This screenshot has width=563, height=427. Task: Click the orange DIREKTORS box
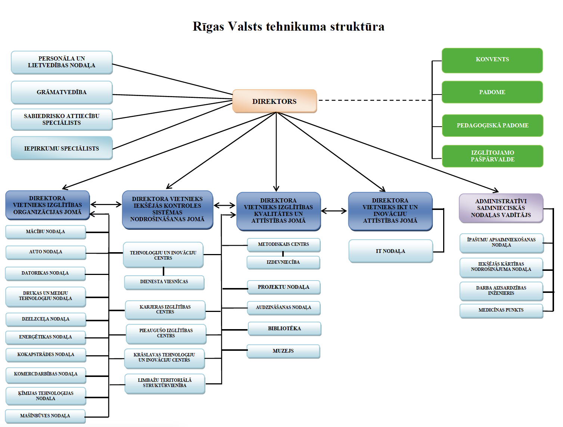pos(274,101)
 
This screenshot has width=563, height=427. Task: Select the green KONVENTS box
pos(492,60)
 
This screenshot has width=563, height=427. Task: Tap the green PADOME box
pos(492,92)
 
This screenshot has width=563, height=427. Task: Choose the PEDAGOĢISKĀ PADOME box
pos(492,126)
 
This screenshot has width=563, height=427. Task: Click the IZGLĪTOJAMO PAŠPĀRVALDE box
pos(492,156)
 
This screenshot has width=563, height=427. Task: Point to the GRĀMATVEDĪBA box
pos(62,92)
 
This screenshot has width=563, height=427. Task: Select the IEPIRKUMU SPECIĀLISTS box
pos(62,148)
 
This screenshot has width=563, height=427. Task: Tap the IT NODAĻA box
pos(391,251)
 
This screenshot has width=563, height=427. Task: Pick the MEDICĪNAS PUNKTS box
pos(501,310)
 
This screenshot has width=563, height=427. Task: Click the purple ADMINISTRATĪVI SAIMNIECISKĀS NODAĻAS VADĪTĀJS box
pos(501,208)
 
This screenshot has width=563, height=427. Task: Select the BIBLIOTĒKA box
pos(284,329)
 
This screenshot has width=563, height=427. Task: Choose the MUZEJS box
pos(283,351)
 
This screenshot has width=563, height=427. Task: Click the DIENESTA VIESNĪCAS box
pos(164,282)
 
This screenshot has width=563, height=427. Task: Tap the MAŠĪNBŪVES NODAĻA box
pos(45,416)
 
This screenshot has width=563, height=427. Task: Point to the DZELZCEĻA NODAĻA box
pos(46,319)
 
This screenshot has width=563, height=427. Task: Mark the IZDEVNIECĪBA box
pos(283,262)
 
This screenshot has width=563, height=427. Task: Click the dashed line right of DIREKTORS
pos(373,100)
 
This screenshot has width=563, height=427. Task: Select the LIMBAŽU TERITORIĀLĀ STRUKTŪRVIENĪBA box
pos(165,383)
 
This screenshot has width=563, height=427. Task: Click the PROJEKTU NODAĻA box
pos(283,287)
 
